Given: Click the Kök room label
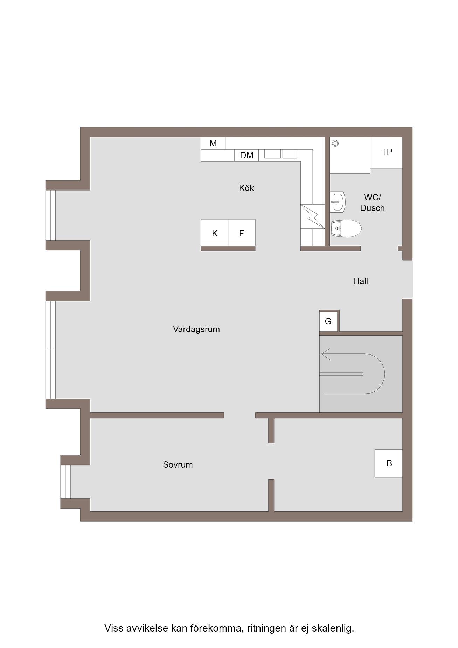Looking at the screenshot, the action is pyautogui.click(x=246, y=188).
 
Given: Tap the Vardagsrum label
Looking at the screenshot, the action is pyautogui.click(x=196, y=329).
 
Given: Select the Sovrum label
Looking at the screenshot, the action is pyautogui.click(x=178, y=464).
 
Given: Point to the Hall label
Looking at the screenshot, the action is pyautogui.click(x=360, y=281).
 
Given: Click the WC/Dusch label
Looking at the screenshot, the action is pyautogui.click(x=372, y=202).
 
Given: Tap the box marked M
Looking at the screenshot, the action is pyautogui.click(x=213, y=143).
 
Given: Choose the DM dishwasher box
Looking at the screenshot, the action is pyautogui.click(x=247, y=155).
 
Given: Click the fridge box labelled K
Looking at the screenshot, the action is pyautogui.click(x=215, y=233).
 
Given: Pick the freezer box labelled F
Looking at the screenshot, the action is pyautogui.click(x=242, y=233).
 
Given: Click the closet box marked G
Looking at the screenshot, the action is pyautogui.click(x=328, y=321).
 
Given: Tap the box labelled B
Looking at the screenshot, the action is pyautogui.click(x=389, y=463).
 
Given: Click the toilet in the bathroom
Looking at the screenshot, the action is pyautogui.click(x=346, y=229).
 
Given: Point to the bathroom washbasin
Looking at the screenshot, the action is pyautogui.click(x=338, y=202).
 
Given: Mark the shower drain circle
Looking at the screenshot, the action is pyautogui.click(x=335, y=143).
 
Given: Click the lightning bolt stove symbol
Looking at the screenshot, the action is pyautogui.click(x=313, y=216).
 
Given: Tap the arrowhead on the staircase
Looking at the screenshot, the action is pyautogui.click(x=326, y=354).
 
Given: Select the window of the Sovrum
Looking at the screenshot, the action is pyautogui.click(x=65, y=482).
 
